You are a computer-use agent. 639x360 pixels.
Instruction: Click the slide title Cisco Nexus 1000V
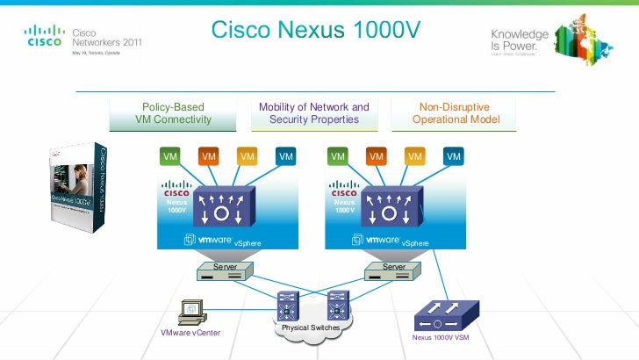click(316, 31)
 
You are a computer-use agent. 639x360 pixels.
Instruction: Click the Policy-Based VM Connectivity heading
click(173, 113)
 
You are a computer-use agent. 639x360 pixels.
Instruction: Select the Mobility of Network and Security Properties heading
click(313, 113)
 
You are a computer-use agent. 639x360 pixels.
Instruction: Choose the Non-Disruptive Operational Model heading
click(456, 113)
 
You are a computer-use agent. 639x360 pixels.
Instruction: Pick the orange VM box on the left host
click(209, 156)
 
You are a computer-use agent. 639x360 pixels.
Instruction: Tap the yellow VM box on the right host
click(414, 156)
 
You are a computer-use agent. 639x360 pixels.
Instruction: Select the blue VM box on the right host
click(453, 156)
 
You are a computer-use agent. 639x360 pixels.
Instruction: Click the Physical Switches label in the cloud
click(310, 328)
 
